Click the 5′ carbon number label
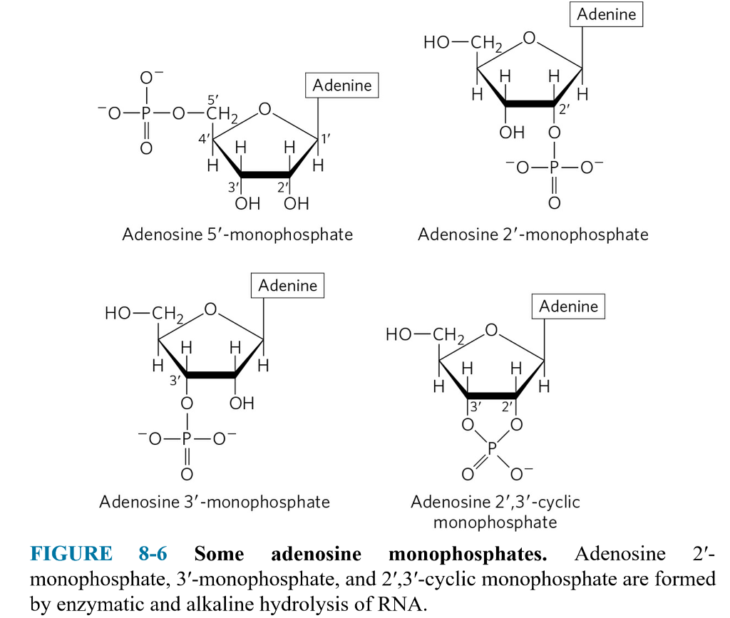click(212, 100)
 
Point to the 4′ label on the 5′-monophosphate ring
click(204, 139)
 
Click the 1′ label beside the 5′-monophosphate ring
click(325, 138)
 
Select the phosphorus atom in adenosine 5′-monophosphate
click(146, 113)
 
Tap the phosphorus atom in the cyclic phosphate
click(492, 448)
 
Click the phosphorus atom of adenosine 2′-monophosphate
click(554, 167)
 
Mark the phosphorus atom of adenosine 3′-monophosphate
click(187, 438)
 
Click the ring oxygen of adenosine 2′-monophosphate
click(529, 38)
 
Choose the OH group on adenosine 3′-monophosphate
click(242, 403)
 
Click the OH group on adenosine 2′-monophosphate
click(512, 133)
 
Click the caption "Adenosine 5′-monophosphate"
click(237, 235)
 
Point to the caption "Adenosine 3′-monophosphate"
click(215, 502)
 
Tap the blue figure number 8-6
click(153, 554)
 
